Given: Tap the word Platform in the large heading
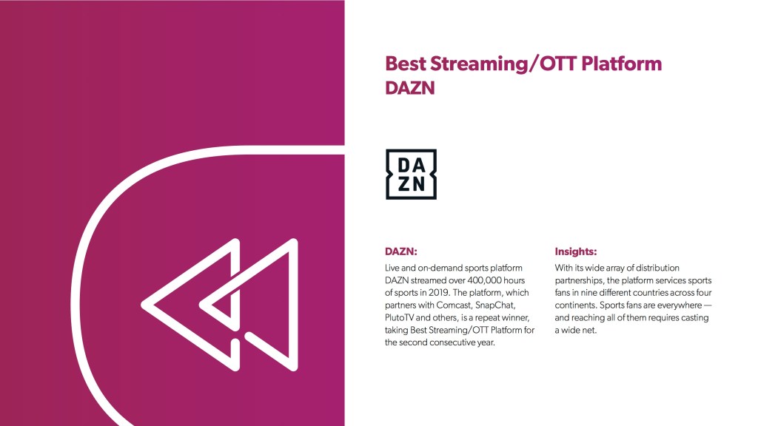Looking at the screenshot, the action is [621, 64].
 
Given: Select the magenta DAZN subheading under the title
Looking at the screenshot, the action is [410, 88].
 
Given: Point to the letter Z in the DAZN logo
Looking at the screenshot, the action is [403, 183].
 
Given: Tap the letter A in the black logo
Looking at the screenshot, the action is [419, 166].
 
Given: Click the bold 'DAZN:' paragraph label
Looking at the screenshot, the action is [400, 251].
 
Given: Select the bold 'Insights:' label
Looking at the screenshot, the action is [576, 251].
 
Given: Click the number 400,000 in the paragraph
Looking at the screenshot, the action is [484, 280].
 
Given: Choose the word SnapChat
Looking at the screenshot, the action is [495, 305].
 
